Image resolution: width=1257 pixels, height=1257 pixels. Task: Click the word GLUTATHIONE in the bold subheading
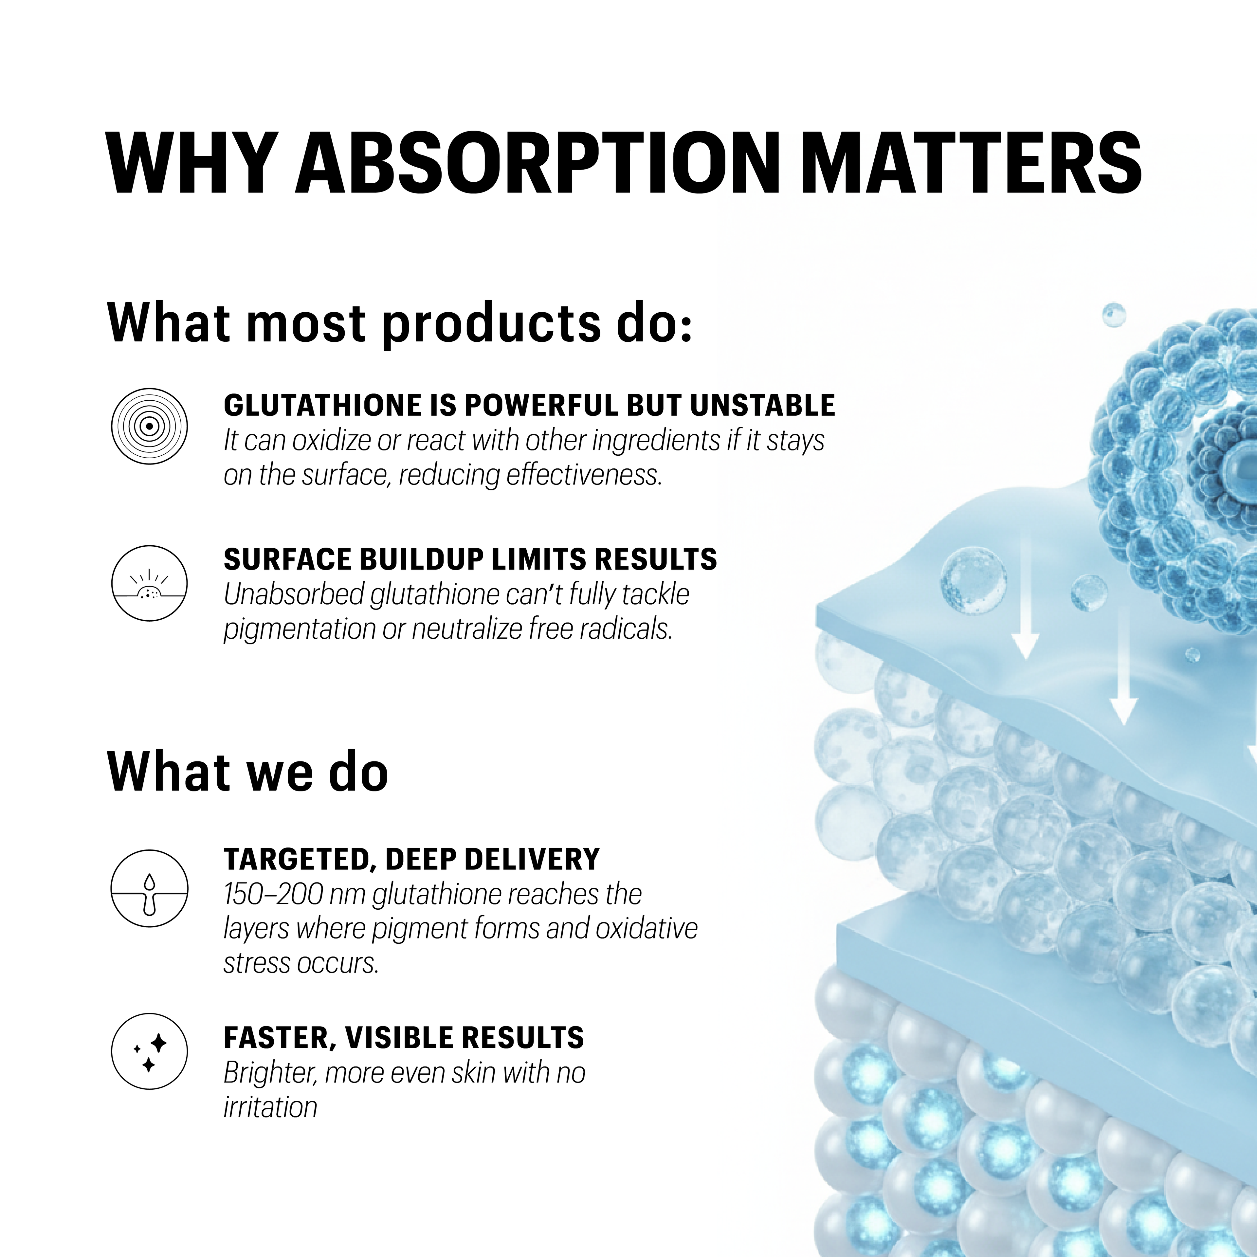coord(323,405)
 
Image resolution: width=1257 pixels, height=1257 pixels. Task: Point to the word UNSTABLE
coord(762,405)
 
